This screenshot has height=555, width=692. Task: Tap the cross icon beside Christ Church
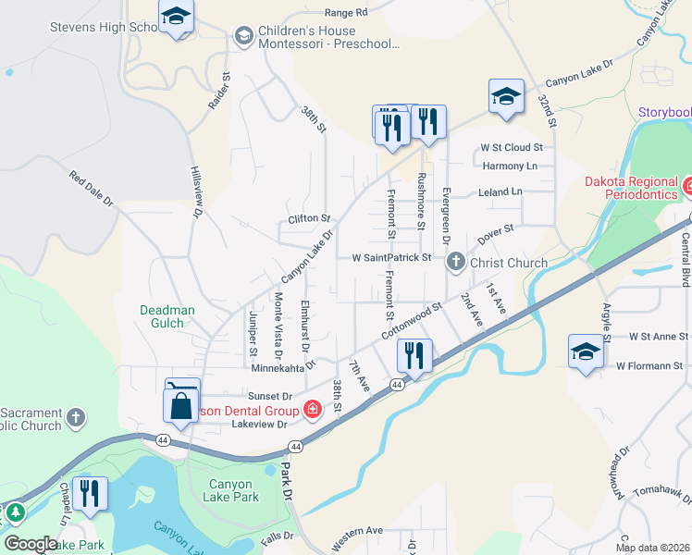tap(455, 263)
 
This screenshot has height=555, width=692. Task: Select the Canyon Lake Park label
tap(234, 490)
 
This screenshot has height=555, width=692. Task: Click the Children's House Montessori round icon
tap(244, 35)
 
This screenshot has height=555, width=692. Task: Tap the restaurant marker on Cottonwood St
tap(414, 354)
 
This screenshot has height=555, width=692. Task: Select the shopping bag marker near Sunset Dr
tap(182, 405)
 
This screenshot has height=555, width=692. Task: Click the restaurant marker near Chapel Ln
tap(90, 492)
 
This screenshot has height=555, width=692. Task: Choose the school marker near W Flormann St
tap(585, 351)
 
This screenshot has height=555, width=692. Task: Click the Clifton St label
tap(309, 218)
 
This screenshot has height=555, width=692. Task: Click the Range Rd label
tap(347, 13)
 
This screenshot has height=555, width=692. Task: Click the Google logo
tap(31, 544)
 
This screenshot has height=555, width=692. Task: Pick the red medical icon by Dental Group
tap(313, 409)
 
